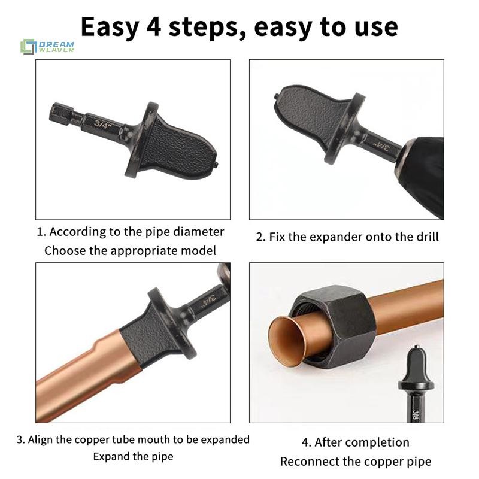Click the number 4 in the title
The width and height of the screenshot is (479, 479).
(x=154, y=27)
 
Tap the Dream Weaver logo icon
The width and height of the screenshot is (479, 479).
(x=28, y=47)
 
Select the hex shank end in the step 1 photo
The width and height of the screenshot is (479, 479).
(x=61, y=114)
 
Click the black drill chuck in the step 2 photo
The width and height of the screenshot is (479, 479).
(x=423, y=175)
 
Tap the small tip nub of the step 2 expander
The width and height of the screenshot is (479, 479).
(x=276, y=96)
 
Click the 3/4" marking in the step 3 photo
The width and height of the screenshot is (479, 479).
(x=208, y=301)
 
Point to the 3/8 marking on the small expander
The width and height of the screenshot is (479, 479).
(x=416, y=414)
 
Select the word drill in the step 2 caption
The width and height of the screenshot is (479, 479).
(x=428, y=237)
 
